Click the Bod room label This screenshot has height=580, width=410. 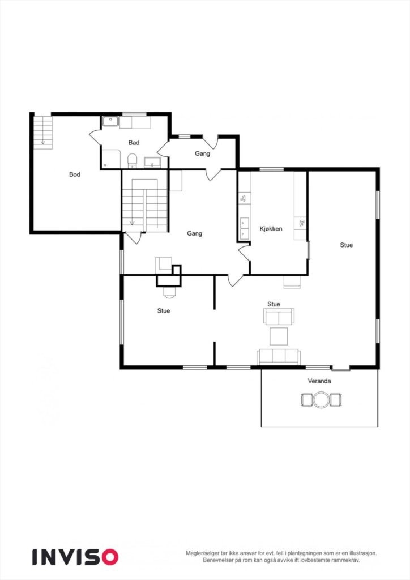pos(74,174)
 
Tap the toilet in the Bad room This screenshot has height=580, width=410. pos(133,161)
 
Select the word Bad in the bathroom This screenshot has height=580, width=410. pos(134,143)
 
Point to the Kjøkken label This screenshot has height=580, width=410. pos(271,229)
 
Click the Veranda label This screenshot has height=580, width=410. pos(319,381)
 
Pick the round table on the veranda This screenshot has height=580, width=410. pos(321,400)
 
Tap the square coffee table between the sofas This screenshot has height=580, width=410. pos(278,336)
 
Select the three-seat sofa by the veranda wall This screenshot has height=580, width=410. pos(278,356)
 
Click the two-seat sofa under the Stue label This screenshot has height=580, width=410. pos(278,317)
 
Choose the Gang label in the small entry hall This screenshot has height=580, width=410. pos(202,153)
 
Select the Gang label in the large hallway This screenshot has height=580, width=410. pos(194,233)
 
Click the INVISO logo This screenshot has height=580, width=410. pos(75,557)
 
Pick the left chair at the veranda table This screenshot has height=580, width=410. pos(307,400)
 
